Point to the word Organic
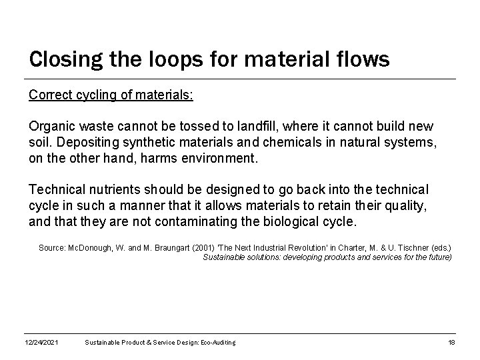[51, 127]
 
